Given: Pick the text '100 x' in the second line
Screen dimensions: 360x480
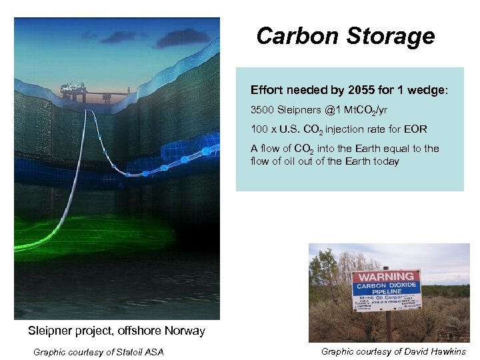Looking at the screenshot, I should [263, 129].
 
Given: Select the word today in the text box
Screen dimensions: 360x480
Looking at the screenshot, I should [386, 161].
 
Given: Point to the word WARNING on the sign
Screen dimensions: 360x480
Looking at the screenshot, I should [386, 277].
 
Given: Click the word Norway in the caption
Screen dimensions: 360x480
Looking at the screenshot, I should [184, 331].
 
